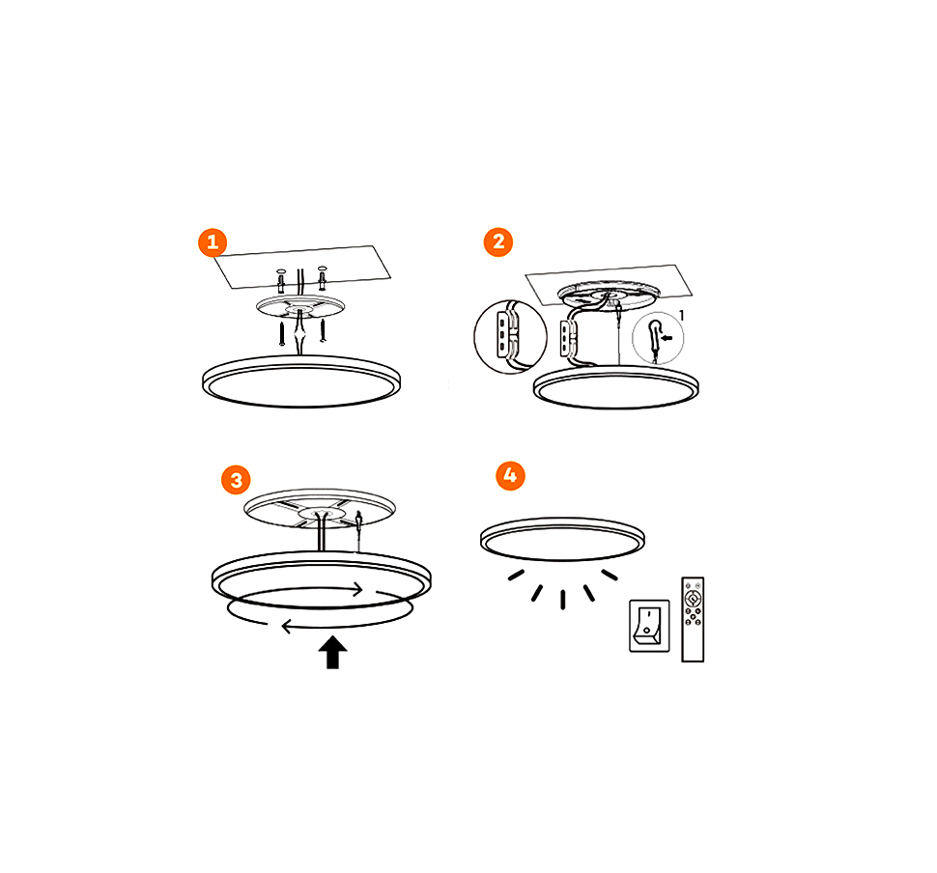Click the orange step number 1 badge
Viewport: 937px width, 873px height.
click(x=213, y=242)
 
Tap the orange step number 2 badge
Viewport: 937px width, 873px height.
click(x=498, y=242)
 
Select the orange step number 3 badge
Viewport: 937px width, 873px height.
click(x=236, y=480)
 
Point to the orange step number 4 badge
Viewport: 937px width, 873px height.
click(x=510, y=476)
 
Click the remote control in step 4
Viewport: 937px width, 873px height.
click(x=693, y=619)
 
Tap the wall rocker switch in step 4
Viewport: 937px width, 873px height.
click(x=649, y=626)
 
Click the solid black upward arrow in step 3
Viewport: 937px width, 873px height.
click(x=333, y=652)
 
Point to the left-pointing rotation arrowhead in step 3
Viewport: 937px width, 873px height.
click(x=286, y=626)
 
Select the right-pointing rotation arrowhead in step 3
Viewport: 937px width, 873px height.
click(x=357, y=590)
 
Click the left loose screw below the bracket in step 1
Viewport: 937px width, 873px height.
click(x=281, y=333)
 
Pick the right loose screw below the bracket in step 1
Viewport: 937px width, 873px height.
click(x=323, y=330)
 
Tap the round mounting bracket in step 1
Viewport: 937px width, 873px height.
click(x=300, y=307)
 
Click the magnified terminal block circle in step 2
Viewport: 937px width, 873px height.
click(x=510, y=337)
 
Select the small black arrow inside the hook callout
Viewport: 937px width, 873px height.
click(x=667, y=338)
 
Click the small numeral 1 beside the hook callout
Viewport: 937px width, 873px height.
click(x=681, y=316)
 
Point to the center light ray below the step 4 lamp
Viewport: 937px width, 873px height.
click(x=563, y=600)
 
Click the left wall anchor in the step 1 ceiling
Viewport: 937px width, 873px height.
click(x=281, y=280)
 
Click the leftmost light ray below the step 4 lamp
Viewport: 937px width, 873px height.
click(x=516, y=575)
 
